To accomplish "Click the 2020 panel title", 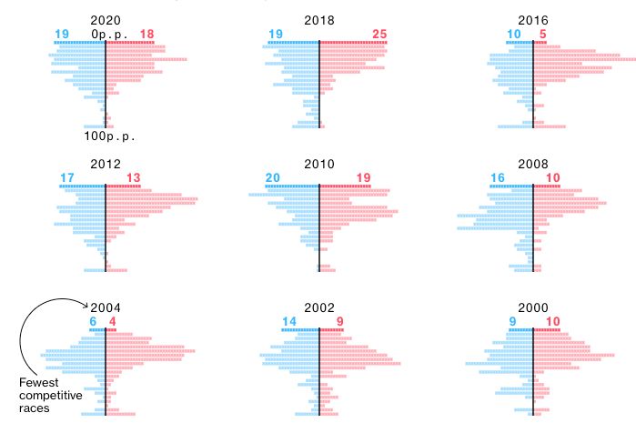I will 106,19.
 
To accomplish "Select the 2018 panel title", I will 319,19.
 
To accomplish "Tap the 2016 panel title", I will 533,19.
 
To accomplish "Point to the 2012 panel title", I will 106,164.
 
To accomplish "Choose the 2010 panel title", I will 319,164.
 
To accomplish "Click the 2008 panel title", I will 533,164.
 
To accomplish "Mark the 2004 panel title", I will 106,307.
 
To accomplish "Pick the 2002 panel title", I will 319,307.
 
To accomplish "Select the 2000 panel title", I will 533,307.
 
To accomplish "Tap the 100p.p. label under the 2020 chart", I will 109,136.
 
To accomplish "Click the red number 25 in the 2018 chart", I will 380,35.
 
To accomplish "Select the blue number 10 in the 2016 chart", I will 514,35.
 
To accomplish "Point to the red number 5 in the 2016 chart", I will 543,35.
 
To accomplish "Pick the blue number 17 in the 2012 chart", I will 66,178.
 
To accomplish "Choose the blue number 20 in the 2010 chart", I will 271,178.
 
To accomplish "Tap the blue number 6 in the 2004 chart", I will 92,321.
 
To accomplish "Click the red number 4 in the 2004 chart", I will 113,321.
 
